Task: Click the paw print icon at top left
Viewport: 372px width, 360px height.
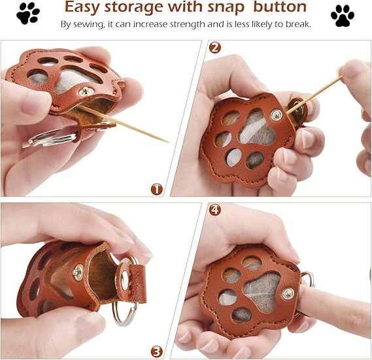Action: point(28,13)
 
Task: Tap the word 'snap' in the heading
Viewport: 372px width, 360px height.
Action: point(230,8)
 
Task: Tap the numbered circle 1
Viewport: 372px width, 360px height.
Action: point(156,189)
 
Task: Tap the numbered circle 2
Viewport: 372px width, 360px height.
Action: point(215,48)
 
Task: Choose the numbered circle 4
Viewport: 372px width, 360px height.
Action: point(214,210)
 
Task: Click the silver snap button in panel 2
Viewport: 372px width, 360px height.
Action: point(278,116)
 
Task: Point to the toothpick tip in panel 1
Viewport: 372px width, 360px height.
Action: point(167,141)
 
